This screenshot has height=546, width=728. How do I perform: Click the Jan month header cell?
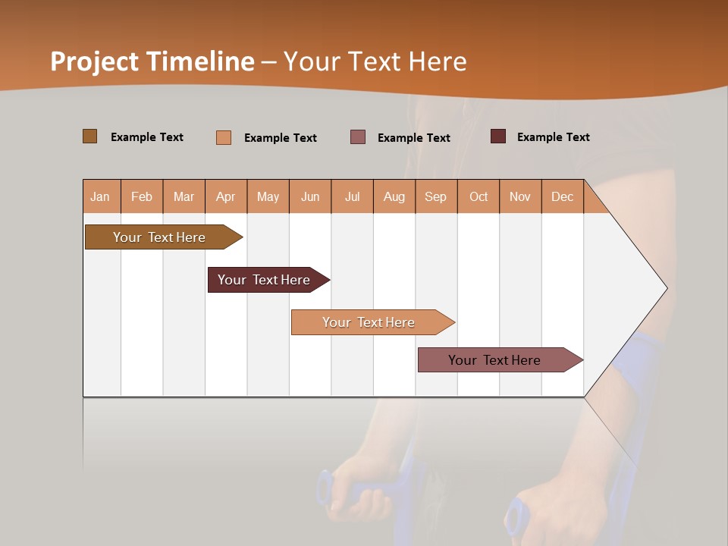click(x=101, y=196)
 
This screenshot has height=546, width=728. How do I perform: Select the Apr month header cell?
click(x=226, y=196)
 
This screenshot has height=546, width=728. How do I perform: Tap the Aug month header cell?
click(x=394, y=196)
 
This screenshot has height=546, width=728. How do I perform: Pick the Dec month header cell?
click(x=563, y=196)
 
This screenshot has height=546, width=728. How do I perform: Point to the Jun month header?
click(x=310, y=196)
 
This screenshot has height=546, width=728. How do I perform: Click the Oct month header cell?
click(x=479, y=196)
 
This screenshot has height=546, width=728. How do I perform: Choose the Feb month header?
click(x=142, y=196)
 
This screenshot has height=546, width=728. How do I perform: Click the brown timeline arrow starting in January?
click(x=159, y=237)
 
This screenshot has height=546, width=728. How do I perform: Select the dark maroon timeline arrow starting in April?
click(x=264, y=280)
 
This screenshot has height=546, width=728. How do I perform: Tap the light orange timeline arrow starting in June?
click(x=369, y=322)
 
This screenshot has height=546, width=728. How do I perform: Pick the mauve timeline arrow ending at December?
click(x=494, y=360)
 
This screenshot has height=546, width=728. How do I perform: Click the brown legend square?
click(x=89, y=136)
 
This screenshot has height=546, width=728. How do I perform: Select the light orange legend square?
click(x=224, y=137)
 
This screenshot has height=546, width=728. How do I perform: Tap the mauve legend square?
click(x=358, y=137)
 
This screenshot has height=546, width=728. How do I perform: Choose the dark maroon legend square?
click(x=498, y=136)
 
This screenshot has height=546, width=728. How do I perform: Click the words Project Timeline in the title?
click(x=152, y=61)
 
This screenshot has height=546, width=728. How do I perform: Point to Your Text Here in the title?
click(x=375, y=61)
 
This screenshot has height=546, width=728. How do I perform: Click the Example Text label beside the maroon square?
click(x=553, y=137)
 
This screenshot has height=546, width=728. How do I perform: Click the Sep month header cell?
click(x=436, y=196)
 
